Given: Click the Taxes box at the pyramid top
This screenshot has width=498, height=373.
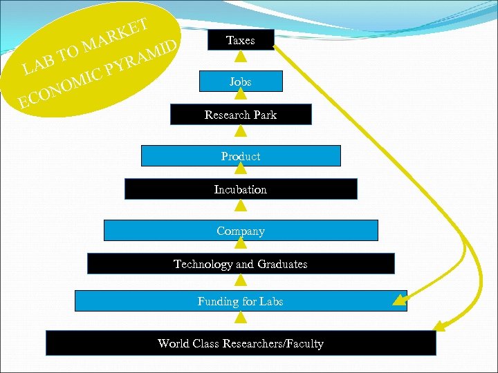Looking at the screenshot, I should (x=241, y=40).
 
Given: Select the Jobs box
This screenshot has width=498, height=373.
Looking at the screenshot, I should (x=241, y=82).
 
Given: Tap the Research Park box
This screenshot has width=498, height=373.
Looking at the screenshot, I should (x=241, y=115).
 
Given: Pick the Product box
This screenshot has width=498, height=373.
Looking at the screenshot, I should (x=241, y=156).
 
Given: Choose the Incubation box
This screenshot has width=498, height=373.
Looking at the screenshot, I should (x=241, y=189).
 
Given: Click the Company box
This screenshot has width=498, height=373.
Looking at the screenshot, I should (x=241, y=231).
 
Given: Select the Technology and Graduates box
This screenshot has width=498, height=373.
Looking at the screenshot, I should (x=241, y=264).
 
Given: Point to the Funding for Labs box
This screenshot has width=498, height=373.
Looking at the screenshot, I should (x=241, y=301).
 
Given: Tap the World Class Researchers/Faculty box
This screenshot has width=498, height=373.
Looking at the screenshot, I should (x=241, y=343).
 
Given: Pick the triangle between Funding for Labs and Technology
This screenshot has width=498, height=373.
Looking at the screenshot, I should (x=241, y=281).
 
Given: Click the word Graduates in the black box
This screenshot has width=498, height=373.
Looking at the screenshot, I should (x=282, y=264).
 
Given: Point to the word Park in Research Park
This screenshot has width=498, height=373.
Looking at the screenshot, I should (x=265, y=115).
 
